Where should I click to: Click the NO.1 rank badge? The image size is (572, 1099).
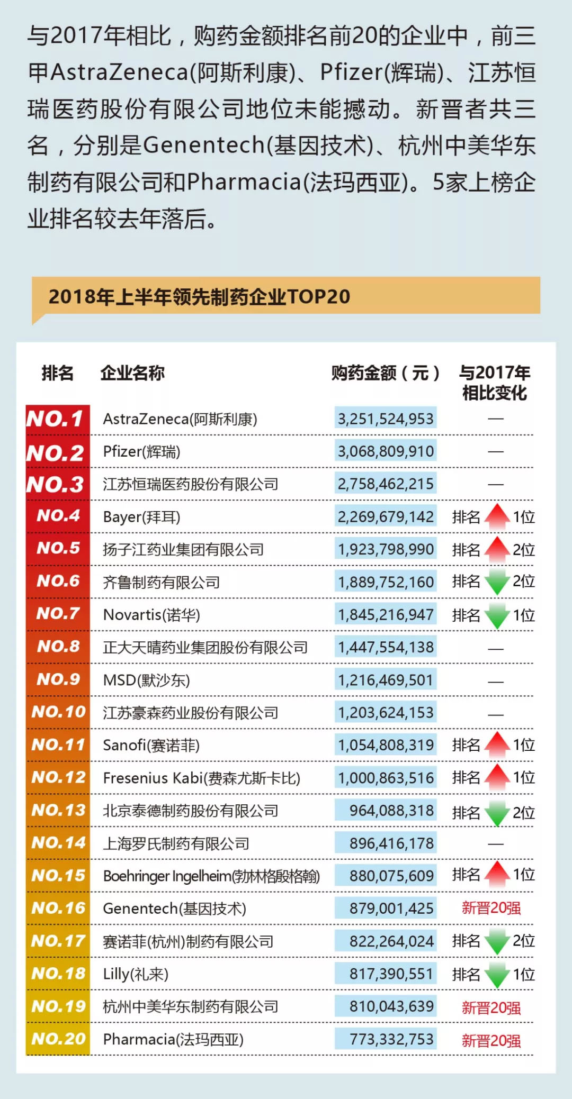coord(56,419)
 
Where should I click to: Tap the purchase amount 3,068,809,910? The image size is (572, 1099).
coord(386,451)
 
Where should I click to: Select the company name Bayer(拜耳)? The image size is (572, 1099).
coord(141,517)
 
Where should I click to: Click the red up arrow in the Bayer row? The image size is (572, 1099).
coord(497,516)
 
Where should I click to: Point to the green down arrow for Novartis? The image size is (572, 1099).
coord(497,615)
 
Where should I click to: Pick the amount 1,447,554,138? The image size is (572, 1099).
coord(386,647)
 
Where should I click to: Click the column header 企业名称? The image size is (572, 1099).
coord(132,373)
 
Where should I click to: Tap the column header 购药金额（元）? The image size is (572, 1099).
coord(386,373)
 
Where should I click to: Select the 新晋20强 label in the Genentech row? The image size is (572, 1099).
coord(491,908)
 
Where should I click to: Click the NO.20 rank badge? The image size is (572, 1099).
coord(58,1039)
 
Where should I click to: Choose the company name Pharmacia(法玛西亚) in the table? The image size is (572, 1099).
coord(173,1039)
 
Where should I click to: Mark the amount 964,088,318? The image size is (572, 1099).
coord(391,811)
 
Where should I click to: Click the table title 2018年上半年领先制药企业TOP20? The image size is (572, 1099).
coord(199,297)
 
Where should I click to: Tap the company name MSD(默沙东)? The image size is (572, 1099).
coord(146,680)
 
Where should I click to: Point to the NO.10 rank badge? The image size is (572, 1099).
coord(58,712)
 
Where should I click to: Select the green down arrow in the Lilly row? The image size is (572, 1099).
coord(497,975)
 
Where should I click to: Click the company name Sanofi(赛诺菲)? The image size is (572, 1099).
coord(151,745)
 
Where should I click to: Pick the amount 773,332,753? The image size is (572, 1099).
coord(391,1039)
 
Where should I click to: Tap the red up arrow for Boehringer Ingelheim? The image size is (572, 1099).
coord(497,875)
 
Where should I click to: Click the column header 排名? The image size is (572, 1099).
coord(57,373)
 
